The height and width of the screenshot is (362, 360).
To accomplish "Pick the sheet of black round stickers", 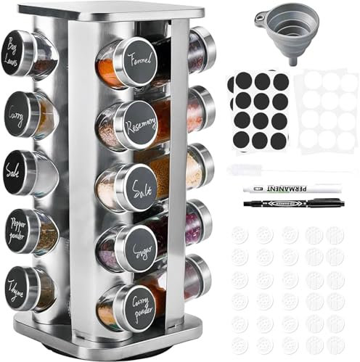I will [258, 110].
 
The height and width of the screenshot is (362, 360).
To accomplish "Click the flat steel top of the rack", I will [109, 9].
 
